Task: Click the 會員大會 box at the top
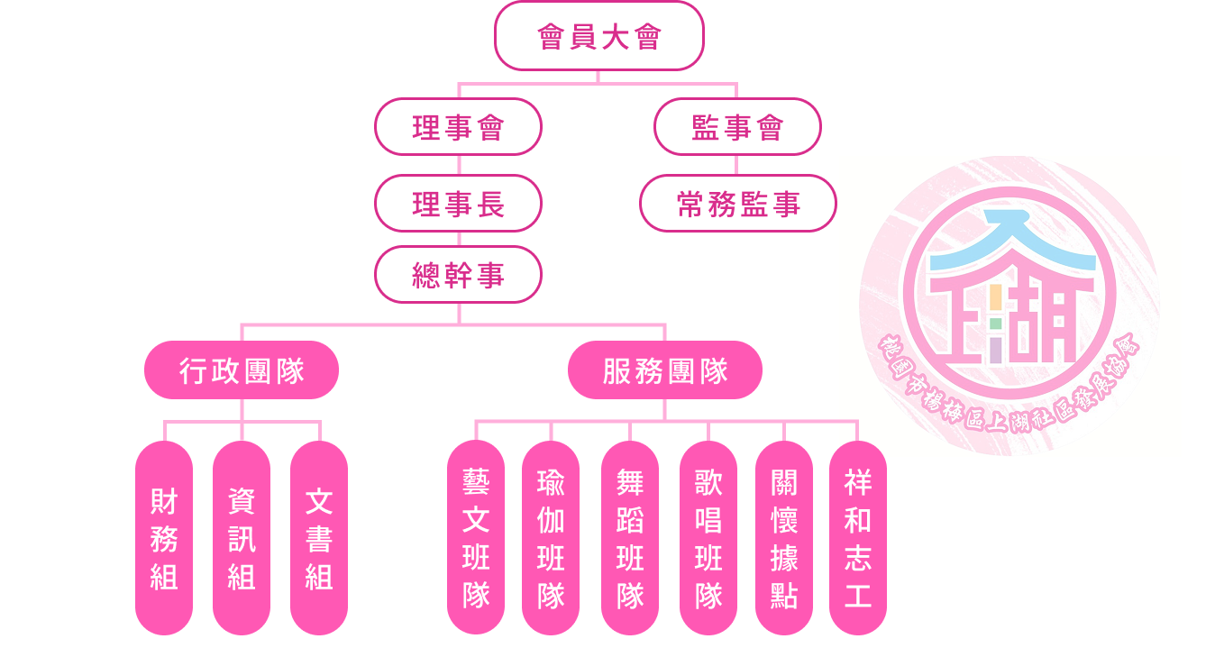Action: (x=598, y=36)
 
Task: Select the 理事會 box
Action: (x=458, y=127)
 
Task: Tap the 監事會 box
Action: (x=737, y=127)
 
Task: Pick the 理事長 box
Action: (x=458, y=204)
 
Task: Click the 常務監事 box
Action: (x=738, y=204)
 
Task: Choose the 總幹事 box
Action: (x=458, y=275)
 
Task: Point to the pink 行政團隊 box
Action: (x=242, y=370)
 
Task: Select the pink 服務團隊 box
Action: (x=665, y=370)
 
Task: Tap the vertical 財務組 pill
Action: (x=164, y=538)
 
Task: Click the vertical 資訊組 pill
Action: (x=242, y=538)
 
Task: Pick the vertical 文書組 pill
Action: (x=319, y=538)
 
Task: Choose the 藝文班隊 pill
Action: (x=476, y=538)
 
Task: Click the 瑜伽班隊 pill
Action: (x=551, y=538)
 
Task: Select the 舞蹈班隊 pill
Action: (x=630, y=538)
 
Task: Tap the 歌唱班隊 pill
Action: (x=708, y=538)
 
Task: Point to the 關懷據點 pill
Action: (x=784, y=538)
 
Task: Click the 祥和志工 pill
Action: (x=858, y=538)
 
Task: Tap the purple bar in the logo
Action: (x=995, y=350)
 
